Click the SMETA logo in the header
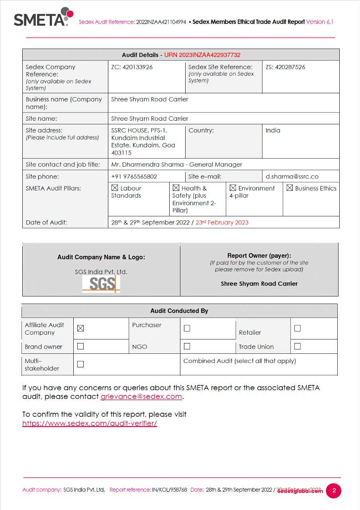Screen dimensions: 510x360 pos(43,17)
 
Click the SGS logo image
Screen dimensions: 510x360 pos(101,284)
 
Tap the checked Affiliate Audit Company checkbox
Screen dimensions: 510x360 pos(80,328)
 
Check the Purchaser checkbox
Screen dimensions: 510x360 pos(187,328)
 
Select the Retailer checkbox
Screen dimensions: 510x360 pos(297,328)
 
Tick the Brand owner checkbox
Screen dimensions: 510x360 pos(80,346)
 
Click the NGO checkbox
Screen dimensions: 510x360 pos(187,346)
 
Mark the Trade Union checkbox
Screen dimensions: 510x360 pos(297,346)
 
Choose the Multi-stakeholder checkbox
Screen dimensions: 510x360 pos(80,364)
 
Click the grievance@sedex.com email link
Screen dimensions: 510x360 pos(141,396)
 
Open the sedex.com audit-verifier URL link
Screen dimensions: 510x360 pos(90,423)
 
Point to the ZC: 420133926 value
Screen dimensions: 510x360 pos(132,67)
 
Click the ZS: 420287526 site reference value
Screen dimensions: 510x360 pos(285,67)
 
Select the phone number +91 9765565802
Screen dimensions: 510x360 pos(134,177)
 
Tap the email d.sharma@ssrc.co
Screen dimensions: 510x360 pos(292,177)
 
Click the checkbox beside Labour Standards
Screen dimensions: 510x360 pos(115,188)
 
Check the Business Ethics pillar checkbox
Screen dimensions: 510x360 pos(290,188)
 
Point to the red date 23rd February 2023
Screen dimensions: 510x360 pos(222,222)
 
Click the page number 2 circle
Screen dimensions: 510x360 pos(334,490)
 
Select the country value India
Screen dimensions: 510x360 pos(273,130)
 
